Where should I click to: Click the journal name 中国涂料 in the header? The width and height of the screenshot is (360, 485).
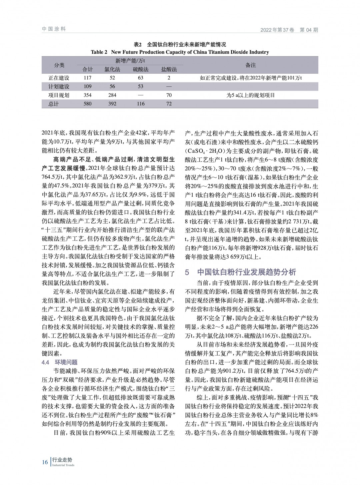click(54, 29)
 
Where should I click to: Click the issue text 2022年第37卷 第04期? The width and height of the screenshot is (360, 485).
click(289, 30)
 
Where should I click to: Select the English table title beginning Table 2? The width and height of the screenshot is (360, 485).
click(180, 52)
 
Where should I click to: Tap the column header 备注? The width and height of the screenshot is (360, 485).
click(250, 65)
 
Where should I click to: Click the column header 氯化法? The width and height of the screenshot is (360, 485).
click(112, 69)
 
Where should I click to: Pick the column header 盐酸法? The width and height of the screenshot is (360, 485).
click(169, 69)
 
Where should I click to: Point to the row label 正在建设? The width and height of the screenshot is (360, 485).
click(59, 78)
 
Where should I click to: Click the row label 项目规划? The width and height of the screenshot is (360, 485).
click(59, 95)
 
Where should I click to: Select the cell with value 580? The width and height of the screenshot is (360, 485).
click(87, 104)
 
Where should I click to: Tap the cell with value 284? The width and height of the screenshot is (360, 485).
click(112, 95)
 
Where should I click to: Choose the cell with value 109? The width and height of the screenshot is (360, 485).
click(87, 86)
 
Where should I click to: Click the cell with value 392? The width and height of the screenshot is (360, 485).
click(112, 104)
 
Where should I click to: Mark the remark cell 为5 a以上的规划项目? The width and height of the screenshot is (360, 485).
click(250, 95)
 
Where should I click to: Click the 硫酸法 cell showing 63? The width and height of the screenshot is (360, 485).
click(140, 78)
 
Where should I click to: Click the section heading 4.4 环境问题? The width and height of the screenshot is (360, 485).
click(60, 362)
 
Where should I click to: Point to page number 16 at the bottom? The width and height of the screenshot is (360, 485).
click(45, 462)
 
